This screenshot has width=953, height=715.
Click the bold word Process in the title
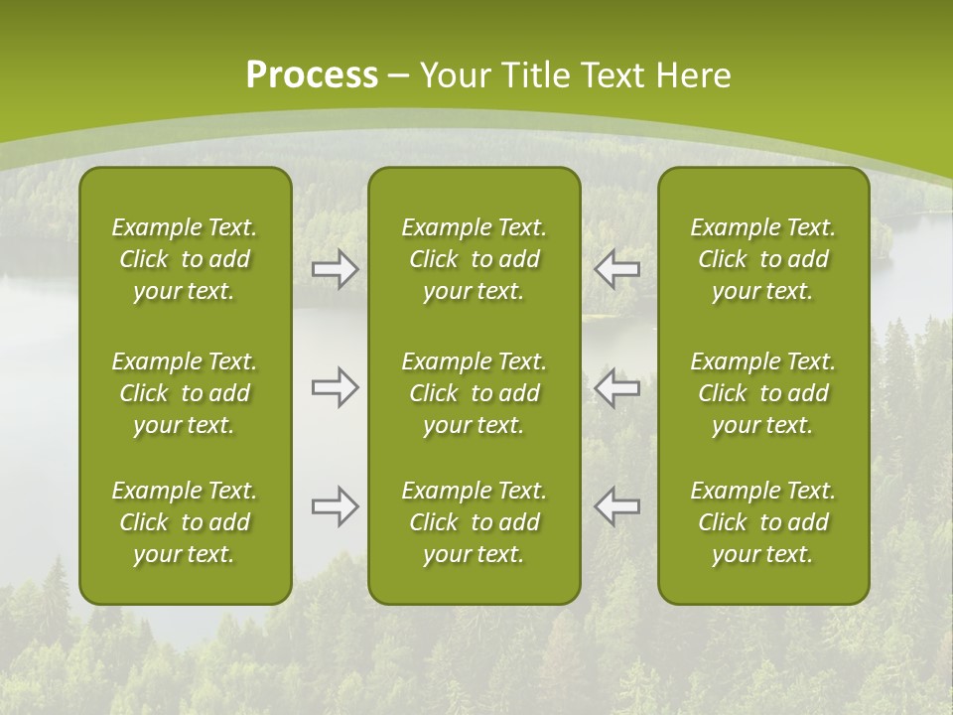tap(312, 75)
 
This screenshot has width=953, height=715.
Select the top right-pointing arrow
tap(336, 269)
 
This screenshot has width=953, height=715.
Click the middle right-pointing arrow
tap(336, 388)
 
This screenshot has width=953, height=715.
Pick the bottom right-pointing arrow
tap(336, 506)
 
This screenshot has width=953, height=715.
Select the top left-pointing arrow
tap(616, 269)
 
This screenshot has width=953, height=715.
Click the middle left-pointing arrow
tap(616, 388)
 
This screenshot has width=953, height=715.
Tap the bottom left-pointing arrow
tap(616, 506)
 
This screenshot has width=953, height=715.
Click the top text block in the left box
tap(185, 259)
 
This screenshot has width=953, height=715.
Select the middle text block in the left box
tap(185, 393)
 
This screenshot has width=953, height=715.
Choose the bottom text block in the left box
tap(185, 522)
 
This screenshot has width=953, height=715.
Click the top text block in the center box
tap(474, 259)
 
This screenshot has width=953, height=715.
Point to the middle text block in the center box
tap(474, 393)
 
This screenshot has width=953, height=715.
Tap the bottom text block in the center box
tap(474, 522)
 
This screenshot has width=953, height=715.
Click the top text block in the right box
tap(762, 259)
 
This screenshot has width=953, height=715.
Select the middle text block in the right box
tap(762, 393)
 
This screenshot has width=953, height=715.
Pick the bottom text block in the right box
tap(762, 522)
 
